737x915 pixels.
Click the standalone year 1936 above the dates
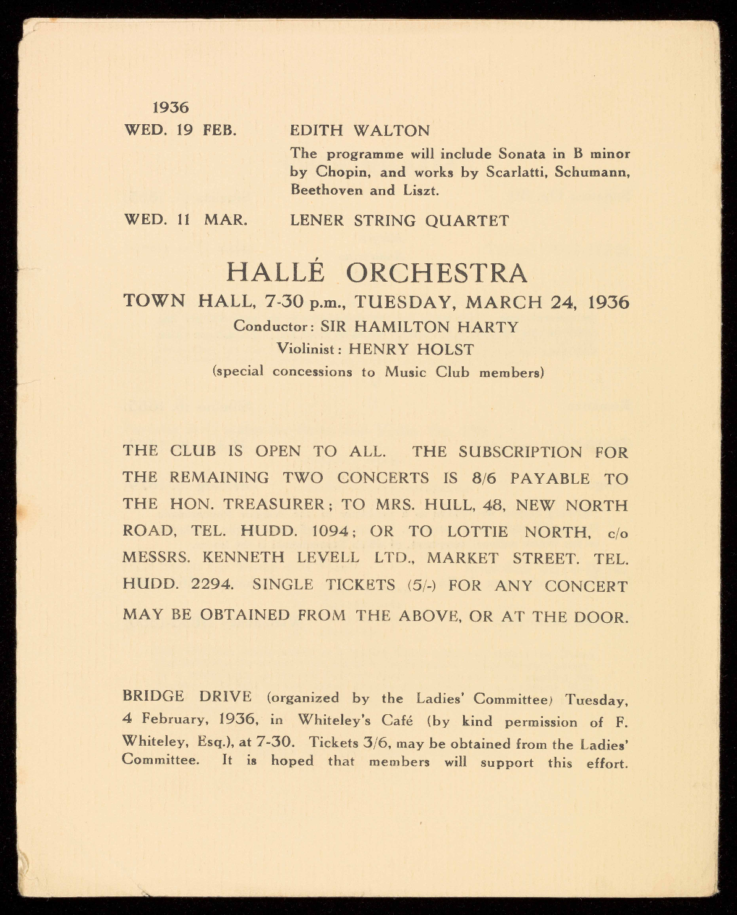pyautogui.click(x=171, y=108)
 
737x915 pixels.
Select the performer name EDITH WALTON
pyautogui.click(x=360, y=131)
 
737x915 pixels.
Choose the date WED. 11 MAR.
pyautogui.click(x=185, y=220)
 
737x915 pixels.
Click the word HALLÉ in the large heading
pyautogui.click(x=275, y=272)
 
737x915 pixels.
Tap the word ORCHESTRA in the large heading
pyautogui.click(x=437, y=273)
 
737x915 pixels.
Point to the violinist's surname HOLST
pyautogui.click(x=445, y=349)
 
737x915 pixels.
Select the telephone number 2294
pyautogui.click(x=212, y=584)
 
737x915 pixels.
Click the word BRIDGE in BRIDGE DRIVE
pyautogui.click(x=153, y=696)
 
